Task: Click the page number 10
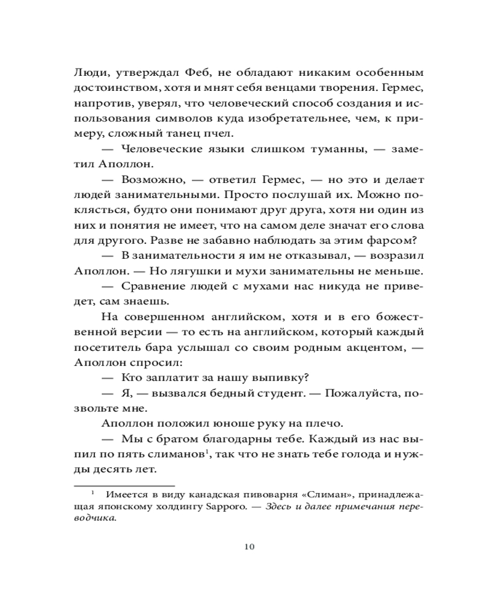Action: (x=250, y=547)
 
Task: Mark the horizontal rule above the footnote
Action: (x=123, y=484)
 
